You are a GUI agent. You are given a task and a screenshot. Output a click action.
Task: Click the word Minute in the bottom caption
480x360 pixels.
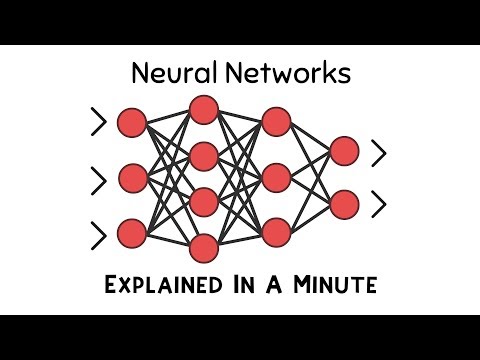coord(337,285)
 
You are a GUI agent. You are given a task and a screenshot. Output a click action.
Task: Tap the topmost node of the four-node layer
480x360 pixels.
coord(203,108)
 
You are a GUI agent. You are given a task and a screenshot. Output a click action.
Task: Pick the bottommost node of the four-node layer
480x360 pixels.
coord(203,247)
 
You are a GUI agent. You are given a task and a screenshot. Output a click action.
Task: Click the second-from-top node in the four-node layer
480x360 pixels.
coord(203,155)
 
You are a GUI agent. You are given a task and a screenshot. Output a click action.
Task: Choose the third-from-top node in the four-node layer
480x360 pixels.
coord(203,201)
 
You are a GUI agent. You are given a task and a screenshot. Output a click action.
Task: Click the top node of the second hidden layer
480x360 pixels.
coord(275,122)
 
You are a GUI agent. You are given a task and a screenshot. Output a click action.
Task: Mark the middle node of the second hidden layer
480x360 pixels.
coord(275,178)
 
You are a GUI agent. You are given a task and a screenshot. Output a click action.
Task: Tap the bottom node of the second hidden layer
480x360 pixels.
coord(275,234)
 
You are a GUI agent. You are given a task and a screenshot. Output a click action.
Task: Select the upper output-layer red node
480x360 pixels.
coord(344,151)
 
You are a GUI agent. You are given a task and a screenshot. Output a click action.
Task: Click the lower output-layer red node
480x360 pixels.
coord(344,204)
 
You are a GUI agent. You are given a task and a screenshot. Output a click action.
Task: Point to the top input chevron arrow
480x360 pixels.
coord(97,123)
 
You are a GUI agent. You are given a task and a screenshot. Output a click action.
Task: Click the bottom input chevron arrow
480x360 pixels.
coord(97,235)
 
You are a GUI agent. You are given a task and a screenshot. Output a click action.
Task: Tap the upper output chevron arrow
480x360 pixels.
coord(378,152)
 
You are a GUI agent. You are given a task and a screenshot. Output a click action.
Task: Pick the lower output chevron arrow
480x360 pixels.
coord(378,205)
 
